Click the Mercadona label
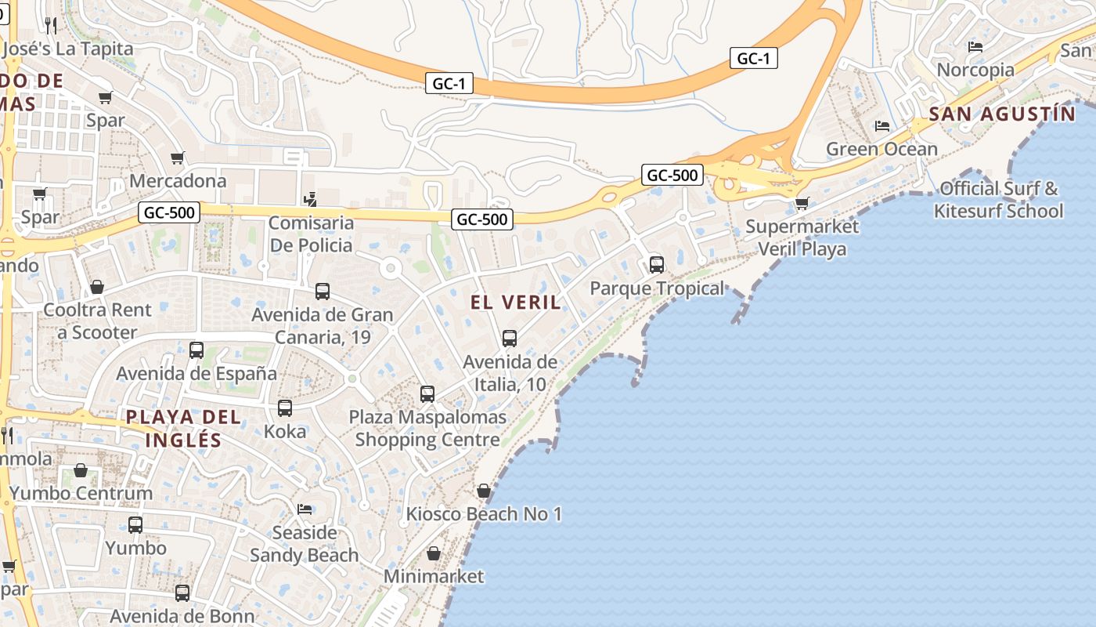(178, 181)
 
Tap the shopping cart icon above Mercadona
(178, 158)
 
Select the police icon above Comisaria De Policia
(312, 199)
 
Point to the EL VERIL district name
(516, 303)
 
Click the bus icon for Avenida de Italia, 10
(510, 339)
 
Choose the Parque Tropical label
(658, 288)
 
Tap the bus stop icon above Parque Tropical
(657, 265)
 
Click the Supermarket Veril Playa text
(802, 237)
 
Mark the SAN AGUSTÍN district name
(1002, 114)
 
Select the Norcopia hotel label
(975, 70)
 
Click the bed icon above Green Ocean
(882, 126)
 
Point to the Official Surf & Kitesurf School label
(998, 199)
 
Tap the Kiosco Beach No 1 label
(484, 515)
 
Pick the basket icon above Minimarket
(434, 554)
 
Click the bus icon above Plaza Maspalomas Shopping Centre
(427, 394)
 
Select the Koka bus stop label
(285, 431)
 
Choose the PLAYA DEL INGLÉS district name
(184, 428)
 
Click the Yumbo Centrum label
(81, 494)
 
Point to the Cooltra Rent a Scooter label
(97, 321)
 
